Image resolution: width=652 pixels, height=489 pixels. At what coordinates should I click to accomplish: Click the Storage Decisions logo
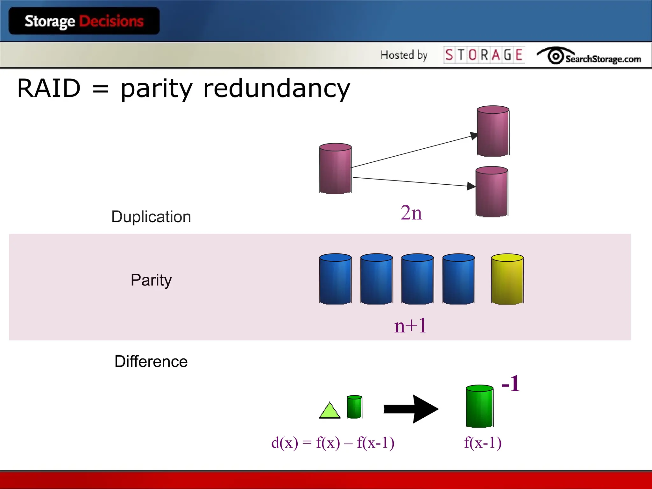point(84,21)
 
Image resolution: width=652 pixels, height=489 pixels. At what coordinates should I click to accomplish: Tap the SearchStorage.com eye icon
point(556,56)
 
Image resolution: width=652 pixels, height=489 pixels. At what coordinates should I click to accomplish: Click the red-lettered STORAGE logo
point(484,55)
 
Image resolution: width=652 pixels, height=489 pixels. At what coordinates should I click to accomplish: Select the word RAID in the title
point(49,88)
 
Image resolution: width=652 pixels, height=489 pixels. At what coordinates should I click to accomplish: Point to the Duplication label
point(151,217)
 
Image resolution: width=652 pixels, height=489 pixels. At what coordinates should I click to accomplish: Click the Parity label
point(151,280)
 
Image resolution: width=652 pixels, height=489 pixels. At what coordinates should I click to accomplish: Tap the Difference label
point(151,362)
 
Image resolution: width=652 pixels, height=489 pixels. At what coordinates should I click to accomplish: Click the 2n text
point(411,213)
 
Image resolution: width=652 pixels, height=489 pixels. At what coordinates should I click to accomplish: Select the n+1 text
point(410,326)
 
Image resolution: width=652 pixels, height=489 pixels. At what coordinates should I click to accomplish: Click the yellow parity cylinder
point(507,279)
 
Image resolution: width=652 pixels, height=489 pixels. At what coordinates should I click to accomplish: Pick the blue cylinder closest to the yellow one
point(458,279)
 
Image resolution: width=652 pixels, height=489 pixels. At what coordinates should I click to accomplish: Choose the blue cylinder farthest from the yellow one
point(335,279)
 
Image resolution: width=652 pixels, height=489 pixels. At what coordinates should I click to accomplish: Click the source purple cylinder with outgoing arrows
point(335,168)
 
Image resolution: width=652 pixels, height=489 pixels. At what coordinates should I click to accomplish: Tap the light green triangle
point(330,411)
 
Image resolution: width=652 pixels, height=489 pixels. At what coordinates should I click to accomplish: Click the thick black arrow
point(411,409)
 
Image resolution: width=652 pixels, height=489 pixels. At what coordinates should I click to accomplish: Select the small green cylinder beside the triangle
point(354,407)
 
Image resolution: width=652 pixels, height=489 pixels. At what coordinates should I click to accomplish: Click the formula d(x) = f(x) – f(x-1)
point(333,443)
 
